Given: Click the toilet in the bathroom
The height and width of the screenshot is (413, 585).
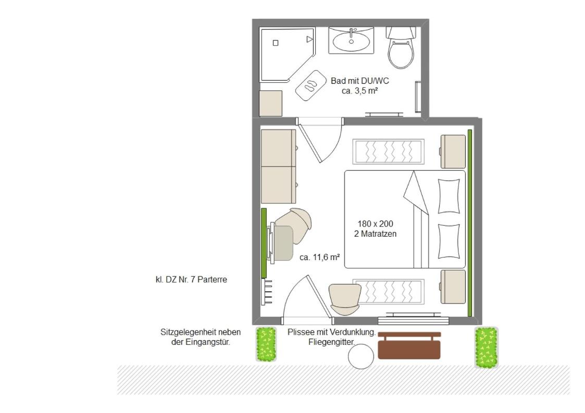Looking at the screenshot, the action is click(x=401, y=47).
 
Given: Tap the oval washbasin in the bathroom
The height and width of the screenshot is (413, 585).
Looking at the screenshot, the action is click(x=351, y=41).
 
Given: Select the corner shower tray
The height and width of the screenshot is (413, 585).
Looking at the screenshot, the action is click(x=286, y=54).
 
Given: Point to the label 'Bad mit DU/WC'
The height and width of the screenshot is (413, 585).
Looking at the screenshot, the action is click(x=359, y=81).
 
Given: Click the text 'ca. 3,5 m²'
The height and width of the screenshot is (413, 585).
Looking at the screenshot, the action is click(x=359, y=91).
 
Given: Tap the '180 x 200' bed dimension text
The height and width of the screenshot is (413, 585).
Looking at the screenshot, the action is click(x=375, y=224).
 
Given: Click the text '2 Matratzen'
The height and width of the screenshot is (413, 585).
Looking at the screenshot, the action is click(x=375, y=234).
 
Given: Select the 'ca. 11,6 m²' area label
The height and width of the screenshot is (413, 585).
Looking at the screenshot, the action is click(x=320, y=257).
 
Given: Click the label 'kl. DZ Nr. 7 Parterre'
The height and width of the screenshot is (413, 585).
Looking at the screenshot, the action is click(x=191, y=279).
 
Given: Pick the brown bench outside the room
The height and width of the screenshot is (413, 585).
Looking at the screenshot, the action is click(x=409, y=345).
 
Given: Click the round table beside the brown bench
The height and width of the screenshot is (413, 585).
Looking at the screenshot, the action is click(x=361, y=356).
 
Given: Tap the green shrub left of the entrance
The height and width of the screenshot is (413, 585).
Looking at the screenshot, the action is click(x=266, y=344).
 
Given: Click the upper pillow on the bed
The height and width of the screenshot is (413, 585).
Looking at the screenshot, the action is click(x=449, y=196).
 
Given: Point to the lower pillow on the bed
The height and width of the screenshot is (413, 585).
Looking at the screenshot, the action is click(x=449, y=241).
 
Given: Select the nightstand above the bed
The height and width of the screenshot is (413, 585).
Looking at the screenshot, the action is click(x=453, y=151).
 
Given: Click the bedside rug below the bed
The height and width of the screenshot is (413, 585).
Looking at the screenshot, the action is click(x=389, y=291).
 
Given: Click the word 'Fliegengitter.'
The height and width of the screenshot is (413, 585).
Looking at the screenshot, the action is click(x=332, y=342).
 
